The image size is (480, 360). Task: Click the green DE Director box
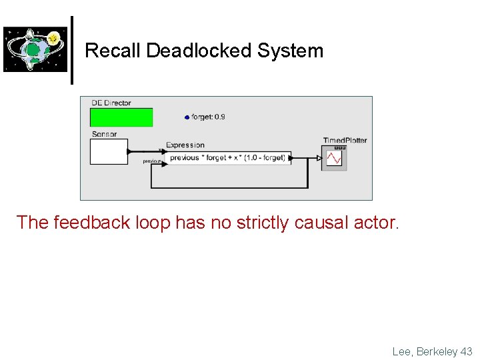pos(121,117)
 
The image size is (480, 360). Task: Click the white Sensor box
pos(108,151)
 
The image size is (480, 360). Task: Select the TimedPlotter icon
pos(334,158)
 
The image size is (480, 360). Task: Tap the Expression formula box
pos(228,158)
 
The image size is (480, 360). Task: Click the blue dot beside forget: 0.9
pos(187,117)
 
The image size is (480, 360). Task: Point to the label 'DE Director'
pos(111,103)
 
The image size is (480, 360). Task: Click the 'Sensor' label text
pos(104,134)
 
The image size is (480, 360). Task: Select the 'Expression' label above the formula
pos(185,145)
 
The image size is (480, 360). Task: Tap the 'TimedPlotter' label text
pos(345,140)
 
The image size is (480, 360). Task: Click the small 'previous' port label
pos(153,161)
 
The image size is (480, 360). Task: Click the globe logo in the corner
pos(35,49)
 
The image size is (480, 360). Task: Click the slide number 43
pos(465,351)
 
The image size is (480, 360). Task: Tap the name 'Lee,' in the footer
pos(403,351)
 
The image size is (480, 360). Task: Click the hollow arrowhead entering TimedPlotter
pos(319,158)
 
